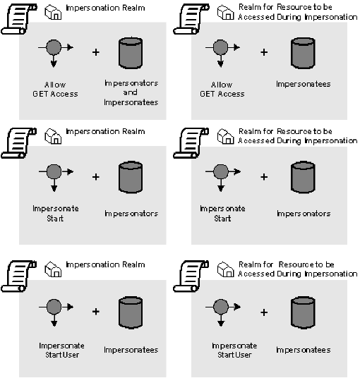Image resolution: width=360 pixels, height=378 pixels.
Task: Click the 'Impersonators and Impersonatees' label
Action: (131, 92)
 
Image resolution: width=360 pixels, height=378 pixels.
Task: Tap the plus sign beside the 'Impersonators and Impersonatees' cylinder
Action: (96, 52)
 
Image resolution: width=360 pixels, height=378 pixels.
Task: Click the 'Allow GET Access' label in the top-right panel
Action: (222, 89)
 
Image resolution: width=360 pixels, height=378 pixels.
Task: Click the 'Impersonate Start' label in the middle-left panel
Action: (56, 213)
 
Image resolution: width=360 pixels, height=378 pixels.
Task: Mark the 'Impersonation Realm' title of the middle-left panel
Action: (105, 131)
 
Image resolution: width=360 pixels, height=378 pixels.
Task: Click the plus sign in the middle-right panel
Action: (265, 176)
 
